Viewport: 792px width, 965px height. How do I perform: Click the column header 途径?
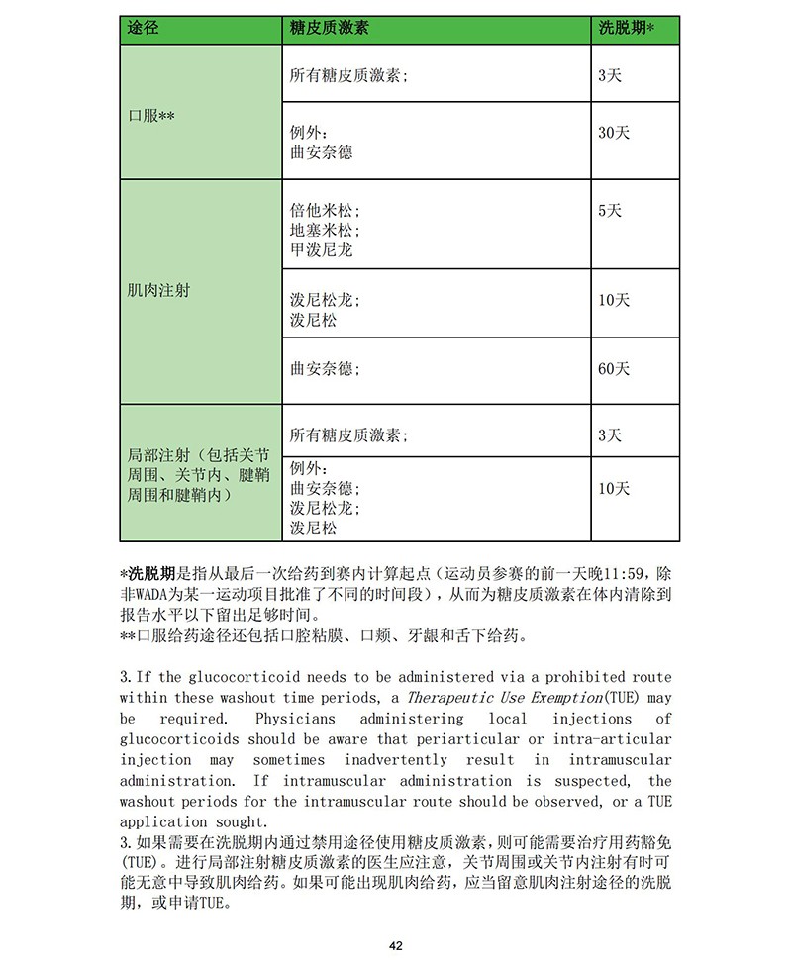tap(143, 29)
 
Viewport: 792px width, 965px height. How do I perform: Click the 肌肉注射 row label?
tap(158, 291)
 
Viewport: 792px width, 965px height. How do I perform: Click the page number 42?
tap(396, 946)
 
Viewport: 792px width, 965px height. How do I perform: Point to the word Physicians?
tap(295, 719)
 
